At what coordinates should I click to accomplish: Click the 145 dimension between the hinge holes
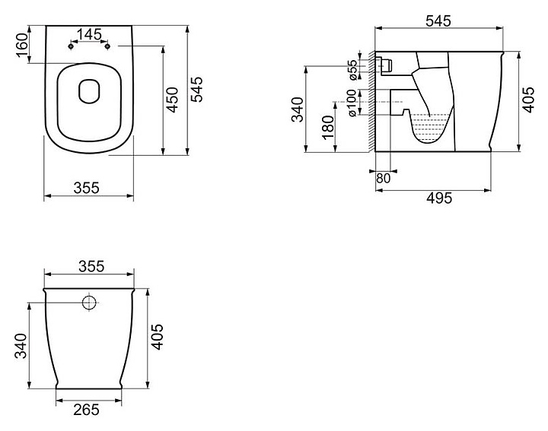(x=89, y=34)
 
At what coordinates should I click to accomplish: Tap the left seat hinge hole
(x=71, y=46)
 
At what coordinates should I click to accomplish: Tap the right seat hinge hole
(x=107, y=46)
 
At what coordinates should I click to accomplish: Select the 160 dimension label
(x=22, y=45)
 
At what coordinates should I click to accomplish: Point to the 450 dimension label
(x=172, y=100)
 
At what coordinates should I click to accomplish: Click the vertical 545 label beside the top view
(x=196, y=90)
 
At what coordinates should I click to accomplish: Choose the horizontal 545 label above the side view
(x=438, y=21)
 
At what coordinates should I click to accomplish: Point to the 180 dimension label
(x=328, y=128)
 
